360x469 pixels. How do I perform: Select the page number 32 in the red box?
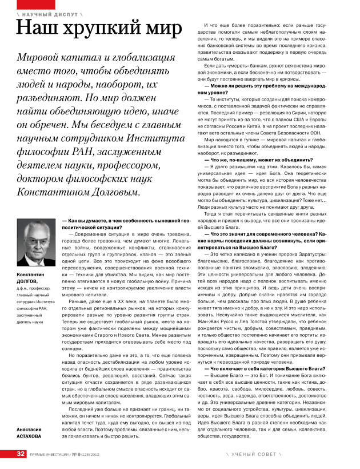pos(21,454)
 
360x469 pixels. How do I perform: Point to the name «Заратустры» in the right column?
pos(328,253)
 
